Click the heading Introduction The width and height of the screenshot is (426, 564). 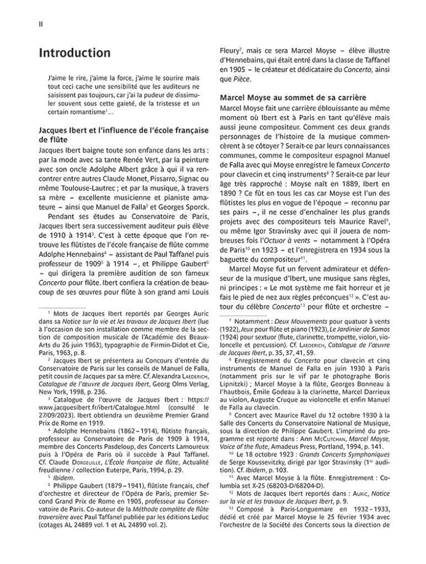click(x=74, y=53)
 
